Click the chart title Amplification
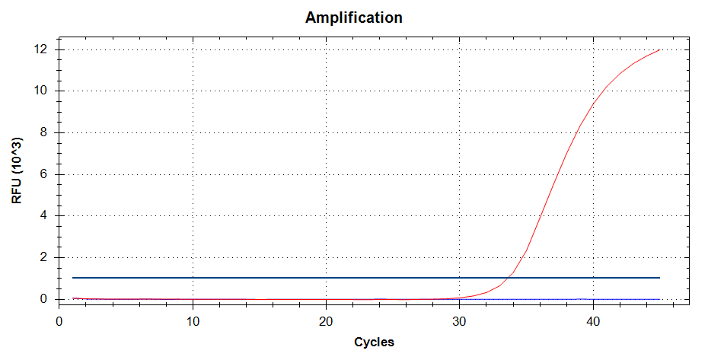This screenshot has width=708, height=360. [x=354, y=18]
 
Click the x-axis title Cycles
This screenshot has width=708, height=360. [x=374, y=342]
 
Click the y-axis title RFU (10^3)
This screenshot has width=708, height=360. [x=17, y=170]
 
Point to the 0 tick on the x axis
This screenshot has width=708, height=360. [x=59, y=320]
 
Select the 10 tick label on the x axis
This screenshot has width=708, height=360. [x=193, y=320]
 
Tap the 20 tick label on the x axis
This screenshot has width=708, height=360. [x=327, y=320]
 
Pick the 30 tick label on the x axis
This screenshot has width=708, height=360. [x=460, y=320]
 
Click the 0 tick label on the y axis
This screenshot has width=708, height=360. [x=44, y=299]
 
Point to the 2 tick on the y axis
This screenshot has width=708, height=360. [x=44, y=257]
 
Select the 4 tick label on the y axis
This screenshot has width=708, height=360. [x=44, y=215]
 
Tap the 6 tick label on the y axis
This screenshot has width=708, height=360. [x=44, y=174]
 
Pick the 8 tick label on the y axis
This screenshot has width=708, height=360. [x=44, y=132]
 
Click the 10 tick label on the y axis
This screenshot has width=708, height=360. [x=41, y=91]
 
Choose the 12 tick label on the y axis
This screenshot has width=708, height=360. [x=41, y=49]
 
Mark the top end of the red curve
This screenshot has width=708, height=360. [x=659, y=50]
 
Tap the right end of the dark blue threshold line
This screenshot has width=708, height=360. [x=659, y=278]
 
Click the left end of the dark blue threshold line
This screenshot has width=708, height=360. [x=72, y=278]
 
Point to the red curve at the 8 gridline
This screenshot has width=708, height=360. [x=578, y=132]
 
